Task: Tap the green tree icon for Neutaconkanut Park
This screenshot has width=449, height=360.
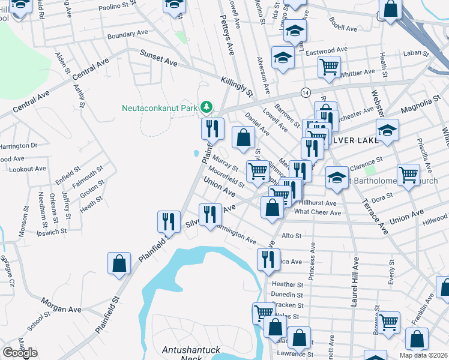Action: pos(206,107)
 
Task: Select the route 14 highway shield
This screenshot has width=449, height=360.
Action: pos(306,93)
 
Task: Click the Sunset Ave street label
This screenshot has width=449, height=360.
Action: pos(159,58)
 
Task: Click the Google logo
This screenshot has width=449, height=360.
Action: pos(20,353)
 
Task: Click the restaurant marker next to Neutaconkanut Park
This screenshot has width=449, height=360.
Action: pos(212,128)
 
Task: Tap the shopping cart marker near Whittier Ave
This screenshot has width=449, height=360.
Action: pos(328,67)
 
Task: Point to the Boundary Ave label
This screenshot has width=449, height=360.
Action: pos(127,35)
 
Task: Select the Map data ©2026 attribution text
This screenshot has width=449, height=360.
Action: pos(424,355)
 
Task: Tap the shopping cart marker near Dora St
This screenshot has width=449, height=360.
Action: pos(408,175)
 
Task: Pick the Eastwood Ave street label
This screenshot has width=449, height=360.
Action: pos(327,51)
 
